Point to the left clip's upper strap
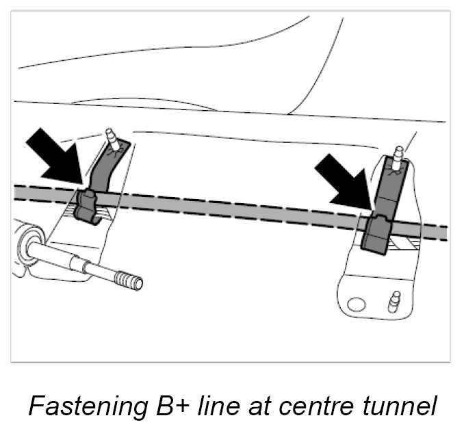[x=103, y=168]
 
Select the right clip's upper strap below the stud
[x=392, y=188]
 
